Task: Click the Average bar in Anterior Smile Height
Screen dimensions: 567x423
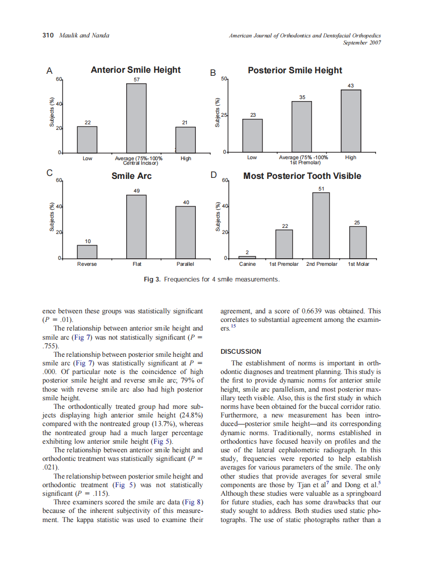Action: point(136,118)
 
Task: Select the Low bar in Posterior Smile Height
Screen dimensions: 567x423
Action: point(252,135)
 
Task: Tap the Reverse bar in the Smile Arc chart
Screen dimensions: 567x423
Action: point(87,252)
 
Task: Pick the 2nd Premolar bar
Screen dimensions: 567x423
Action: point(321,225)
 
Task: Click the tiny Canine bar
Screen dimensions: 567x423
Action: point(247,257)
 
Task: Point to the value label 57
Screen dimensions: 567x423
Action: point(136,80)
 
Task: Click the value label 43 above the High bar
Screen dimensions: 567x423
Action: point(350,86)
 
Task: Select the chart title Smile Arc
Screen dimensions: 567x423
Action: point(131,176)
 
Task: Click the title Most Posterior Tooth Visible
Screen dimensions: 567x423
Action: point(302,176)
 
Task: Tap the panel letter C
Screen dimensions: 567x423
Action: point(49,173)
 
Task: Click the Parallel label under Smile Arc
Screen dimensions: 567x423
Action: point(186,264)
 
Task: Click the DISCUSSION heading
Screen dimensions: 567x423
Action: point(241,351)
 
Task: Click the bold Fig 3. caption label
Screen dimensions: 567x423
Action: point(153,279)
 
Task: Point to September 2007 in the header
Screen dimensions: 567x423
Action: point(361,42)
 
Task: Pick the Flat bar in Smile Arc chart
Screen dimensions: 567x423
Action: point(136,226)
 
